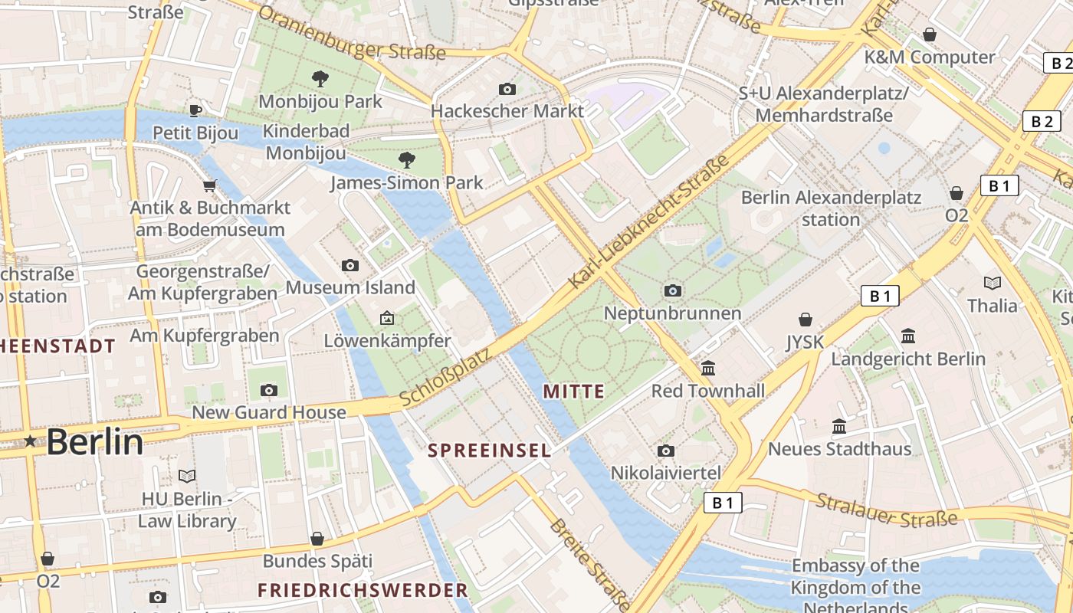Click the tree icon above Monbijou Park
[320, 78]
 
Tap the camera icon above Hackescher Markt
[507, 89]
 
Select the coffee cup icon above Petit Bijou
[195, 110]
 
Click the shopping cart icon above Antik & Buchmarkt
[209, 185]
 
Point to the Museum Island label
[350, 287]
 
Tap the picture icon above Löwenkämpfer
[386, 318]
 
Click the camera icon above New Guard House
[268, 390]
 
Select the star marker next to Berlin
[30, 441]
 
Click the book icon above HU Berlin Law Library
[187, 476]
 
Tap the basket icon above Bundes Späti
[317, 539]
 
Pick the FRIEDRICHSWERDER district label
[363, 590]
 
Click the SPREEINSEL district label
[489, 451]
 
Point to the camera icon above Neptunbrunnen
[672, 290]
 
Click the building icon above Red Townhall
[708, 369]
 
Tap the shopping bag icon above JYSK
[805, 319]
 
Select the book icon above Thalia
[992, 283]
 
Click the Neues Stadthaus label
[839, 448]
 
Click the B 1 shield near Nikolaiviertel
[722, 503]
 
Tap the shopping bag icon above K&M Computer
[929, 34]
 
